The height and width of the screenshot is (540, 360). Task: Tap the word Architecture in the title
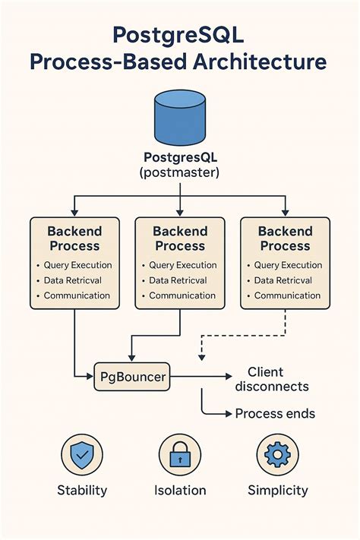(254, 62)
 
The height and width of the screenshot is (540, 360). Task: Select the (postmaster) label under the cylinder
(179, 172)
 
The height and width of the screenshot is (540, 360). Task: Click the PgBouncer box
(132, 375)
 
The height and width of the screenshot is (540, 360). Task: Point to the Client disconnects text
(271, 379)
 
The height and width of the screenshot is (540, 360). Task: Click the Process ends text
(274, 414)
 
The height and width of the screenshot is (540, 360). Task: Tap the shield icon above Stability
(82, 455)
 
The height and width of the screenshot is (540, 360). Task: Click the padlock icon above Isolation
(180, 455)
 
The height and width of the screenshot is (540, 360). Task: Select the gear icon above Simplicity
(277, 455)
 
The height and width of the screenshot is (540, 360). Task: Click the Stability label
(82, 491)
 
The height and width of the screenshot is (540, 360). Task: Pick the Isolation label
(180, 491)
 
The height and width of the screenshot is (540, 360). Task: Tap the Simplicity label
(277, 491)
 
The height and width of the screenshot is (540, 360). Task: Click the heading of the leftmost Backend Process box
(74, 238)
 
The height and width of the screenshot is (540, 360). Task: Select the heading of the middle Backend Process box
(180, 238)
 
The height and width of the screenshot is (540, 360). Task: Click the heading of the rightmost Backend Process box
(285, 238)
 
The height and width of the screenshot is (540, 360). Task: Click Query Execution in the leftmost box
(78, 265)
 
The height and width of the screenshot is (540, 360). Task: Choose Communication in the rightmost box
(288, 295)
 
